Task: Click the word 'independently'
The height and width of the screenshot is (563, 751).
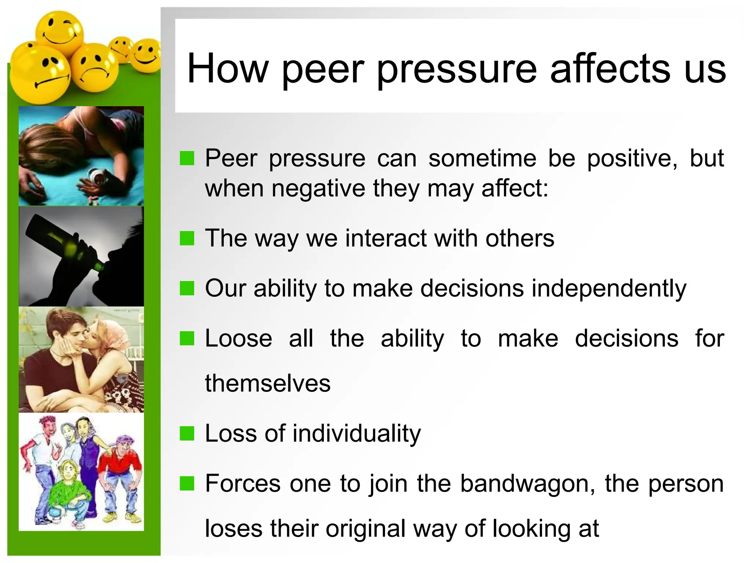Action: coord(609,289)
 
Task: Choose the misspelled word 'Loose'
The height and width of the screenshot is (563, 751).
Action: coord(238,338)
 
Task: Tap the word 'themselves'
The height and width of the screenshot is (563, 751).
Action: coord(268,384)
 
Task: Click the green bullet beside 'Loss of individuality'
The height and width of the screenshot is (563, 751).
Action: coord(187,434)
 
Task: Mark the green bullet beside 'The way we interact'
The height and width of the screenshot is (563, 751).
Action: coord(187,239)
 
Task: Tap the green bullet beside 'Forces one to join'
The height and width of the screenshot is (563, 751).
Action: coord(187,484)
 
